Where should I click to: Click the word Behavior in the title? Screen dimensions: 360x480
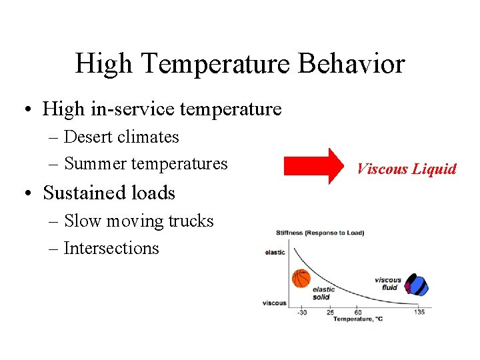coord(351,64)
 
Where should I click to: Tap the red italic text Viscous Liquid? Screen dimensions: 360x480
coord(406,169)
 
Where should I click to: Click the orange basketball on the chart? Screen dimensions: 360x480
coord(301,278)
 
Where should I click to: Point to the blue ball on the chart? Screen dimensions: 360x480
coord(418,285)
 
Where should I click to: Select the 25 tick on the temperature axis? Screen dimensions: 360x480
coord(330,312)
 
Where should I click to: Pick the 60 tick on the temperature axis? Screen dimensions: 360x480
coord(358,312)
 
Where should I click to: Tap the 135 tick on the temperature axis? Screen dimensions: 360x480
coord(419,312)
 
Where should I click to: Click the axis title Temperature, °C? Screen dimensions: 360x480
coord(358,319)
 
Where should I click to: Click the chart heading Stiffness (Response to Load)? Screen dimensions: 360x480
coord(320,233)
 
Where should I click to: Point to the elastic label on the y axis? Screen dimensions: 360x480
coord(275,252)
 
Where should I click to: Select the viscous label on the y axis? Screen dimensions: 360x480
coord(274,303)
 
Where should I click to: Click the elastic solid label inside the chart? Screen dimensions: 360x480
coord(323,293)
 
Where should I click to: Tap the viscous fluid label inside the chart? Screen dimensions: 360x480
coord(388,284)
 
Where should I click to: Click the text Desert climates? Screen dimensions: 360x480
coord(121,137)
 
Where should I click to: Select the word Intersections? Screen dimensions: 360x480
coord(111,248)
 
